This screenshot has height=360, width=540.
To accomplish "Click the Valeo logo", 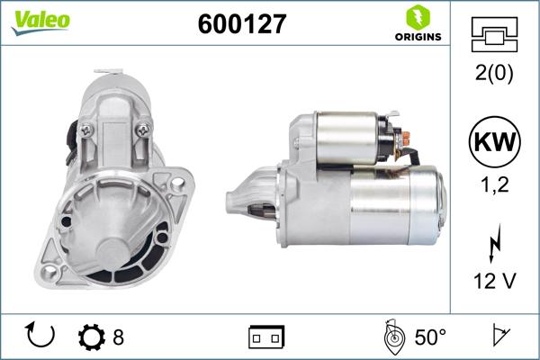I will tap(40, 21).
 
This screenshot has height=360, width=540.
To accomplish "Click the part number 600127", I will tap(241, 24).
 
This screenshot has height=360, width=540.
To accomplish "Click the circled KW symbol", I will tap(494, 141).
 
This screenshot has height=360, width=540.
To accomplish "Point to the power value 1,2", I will tap(494, 184).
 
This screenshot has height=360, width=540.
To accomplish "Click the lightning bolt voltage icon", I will tap(494, 242).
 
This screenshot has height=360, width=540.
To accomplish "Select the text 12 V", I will tap(494, 281).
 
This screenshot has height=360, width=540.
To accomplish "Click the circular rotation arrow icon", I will tap(41, 337).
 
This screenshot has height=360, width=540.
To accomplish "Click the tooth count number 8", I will tap(118, 337).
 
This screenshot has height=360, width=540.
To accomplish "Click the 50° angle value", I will tap(430, 337).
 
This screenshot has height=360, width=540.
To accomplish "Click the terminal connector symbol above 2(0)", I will tap(494, 34).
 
